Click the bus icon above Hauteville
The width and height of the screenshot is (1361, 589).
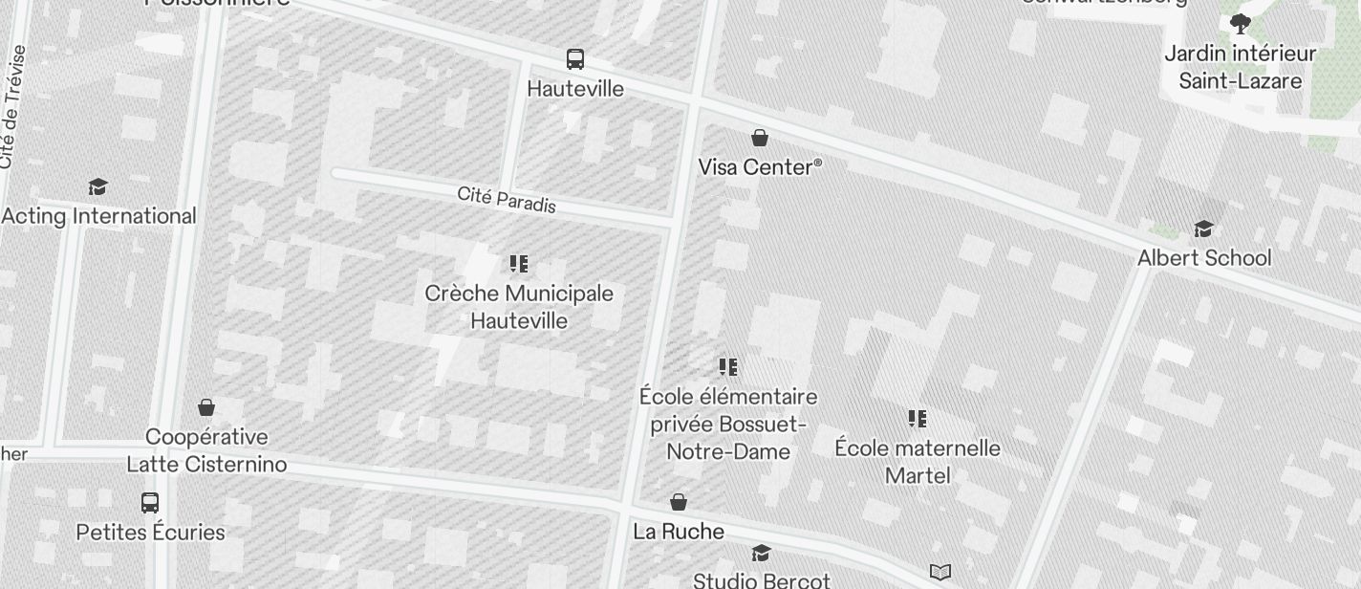(575, 59)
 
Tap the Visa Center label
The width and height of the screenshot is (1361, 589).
(759, 167)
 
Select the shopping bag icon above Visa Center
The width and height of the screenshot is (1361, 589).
(760, 139)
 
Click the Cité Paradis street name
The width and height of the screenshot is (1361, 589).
(507, 200)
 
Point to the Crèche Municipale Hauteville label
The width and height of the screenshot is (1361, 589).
(519, 307)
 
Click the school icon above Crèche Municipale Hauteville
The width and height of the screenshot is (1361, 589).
(519, 264)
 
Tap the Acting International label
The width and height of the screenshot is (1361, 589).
(98, 216)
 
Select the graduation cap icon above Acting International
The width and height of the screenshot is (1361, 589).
(97, 186)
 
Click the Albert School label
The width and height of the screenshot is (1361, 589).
(1204, 258)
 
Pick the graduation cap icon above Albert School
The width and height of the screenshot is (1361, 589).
(1203, 229)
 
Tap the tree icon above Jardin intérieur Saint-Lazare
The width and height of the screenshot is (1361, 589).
(1241, 24)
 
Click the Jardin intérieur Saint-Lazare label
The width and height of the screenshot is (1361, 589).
(1241, 67)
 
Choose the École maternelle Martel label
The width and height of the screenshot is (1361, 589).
(918, 462)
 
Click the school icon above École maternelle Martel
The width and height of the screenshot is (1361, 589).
(918, 419)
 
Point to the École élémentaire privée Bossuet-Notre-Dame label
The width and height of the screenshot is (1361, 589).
(728, 424)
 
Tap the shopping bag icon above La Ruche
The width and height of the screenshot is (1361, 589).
(679, 503)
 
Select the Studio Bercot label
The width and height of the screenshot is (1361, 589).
(762, 580)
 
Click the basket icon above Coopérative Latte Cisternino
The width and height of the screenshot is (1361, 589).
(206, 408)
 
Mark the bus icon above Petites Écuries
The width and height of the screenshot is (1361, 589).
(150, 503)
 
